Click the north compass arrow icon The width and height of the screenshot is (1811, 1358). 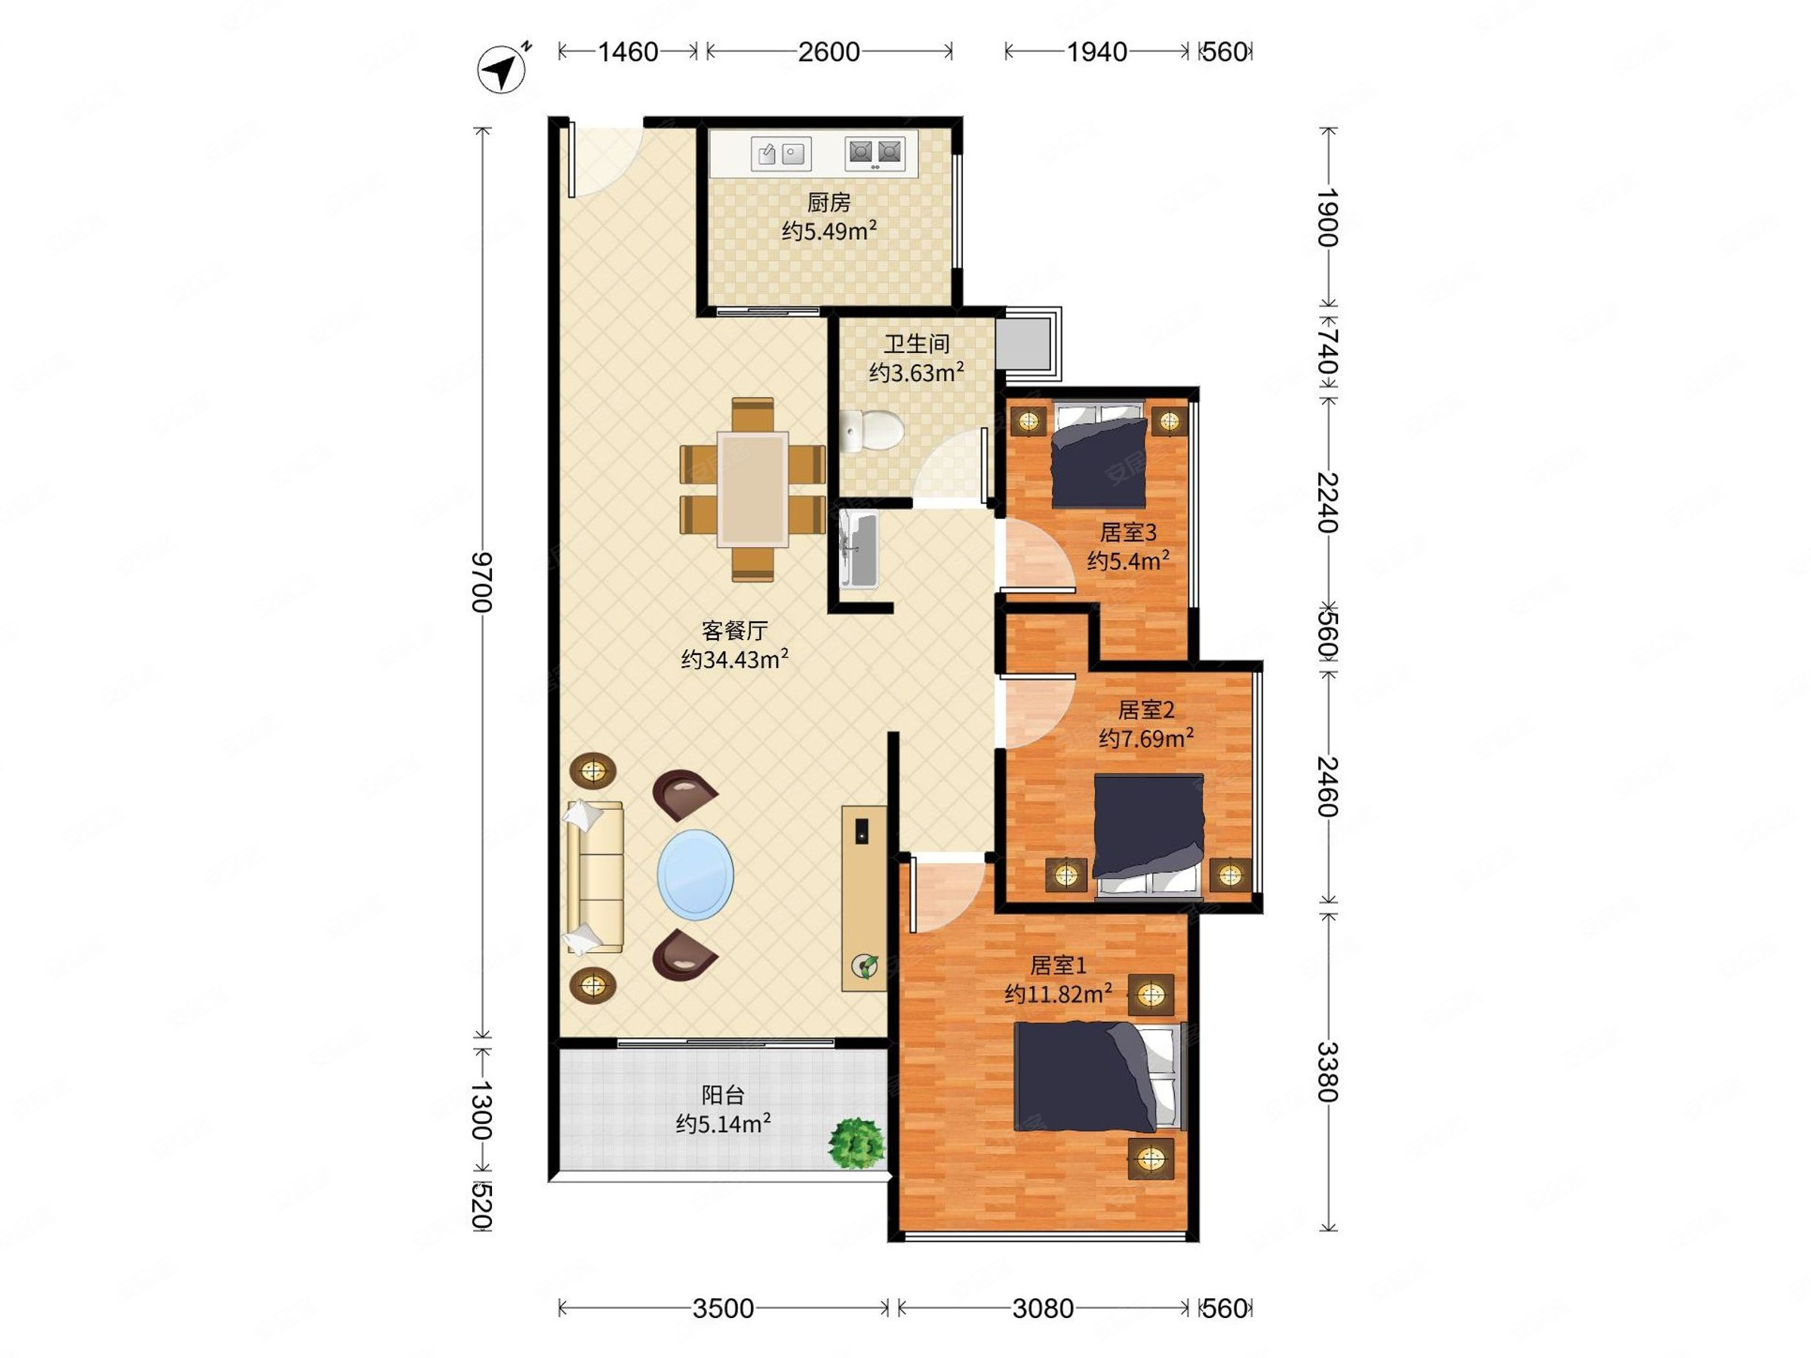click(502, 69)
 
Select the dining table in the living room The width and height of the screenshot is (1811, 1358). click(752, 490)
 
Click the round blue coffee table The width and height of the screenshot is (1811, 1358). click(695, 874)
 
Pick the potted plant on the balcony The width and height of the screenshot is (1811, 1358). click(856, 1143)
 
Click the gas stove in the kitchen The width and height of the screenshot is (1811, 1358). click(875, 152)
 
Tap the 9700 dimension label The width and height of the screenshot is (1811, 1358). click(481, 582)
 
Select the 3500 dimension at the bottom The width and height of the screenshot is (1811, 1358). click(723, 1308)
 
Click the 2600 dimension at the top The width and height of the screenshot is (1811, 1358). click(829, 51)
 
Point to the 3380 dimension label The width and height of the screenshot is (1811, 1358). click(1327, 1071)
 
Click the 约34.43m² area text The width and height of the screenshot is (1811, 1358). click(734, 659)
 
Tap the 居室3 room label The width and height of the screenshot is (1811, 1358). click(1127, 533)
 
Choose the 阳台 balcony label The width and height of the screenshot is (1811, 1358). click(723, 1095)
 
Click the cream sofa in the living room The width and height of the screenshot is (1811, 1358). click(594, 877)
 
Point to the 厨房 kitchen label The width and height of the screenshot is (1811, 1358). click(829, 202)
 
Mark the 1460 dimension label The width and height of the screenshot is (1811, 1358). click(628, 51)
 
